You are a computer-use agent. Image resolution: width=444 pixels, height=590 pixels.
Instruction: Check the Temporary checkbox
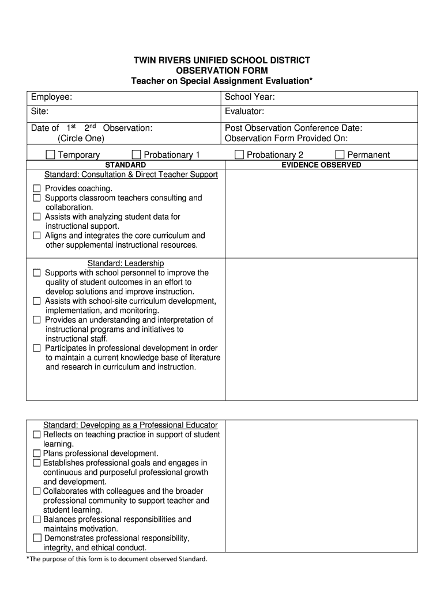click(x=51, y=154)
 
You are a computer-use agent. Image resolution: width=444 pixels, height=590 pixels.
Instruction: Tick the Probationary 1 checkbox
click(x=136, y=154)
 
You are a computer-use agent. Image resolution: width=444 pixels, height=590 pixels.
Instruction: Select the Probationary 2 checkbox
click(x=239, y=154)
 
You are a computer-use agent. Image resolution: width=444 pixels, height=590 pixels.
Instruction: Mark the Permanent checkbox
click(x=340, y=154)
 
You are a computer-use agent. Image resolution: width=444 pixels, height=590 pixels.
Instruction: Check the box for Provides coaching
click(x=37, y=188)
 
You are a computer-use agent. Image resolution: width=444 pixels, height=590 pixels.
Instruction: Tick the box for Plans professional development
click(x=37, y=453)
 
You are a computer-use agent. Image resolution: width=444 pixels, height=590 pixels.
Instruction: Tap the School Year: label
click(x=250, y=97)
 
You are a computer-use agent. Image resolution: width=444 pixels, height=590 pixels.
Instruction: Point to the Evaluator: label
click(x=244, y=111)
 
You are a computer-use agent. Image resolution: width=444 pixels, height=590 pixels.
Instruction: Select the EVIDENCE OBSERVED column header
click(x=321, y=165)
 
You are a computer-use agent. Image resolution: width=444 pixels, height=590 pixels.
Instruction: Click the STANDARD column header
click(x=125, y=165)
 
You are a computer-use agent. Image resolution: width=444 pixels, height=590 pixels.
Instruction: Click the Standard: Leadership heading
click(x=126, y=263)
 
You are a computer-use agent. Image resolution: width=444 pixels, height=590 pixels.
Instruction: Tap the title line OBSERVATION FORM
click(x=222, y=70)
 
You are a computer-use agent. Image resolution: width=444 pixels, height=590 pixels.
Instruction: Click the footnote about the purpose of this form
click(x=116, y=559)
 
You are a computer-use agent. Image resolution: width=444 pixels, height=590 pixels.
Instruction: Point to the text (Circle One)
click(x=81, y=138)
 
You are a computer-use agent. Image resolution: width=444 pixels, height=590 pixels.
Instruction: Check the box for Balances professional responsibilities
click(x=37, y=519)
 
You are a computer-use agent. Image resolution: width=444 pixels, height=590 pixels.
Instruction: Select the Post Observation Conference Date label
click(x=294, y=128)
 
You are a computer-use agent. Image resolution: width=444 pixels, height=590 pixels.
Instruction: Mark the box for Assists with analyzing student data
click(x=37, y=217)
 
